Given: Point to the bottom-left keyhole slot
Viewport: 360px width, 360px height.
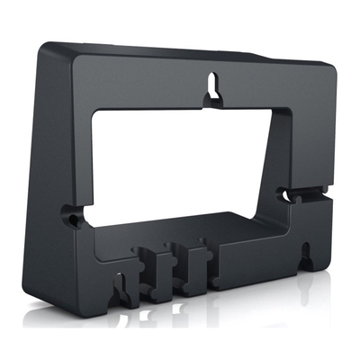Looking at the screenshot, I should pyautogui.click(x=117, y=286).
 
